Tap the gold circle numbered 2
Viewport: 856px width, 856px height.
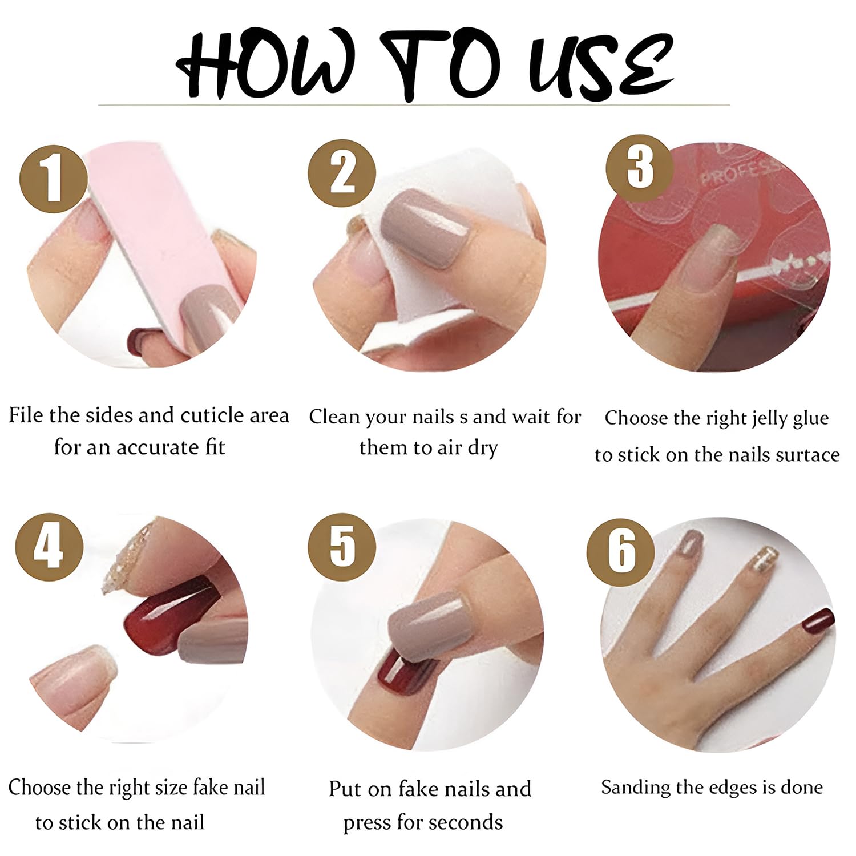(342, 173)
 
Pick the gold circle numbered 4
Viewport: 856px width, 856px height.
(49, 547)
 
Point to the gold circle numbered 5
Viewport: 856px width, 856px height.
(342, 547)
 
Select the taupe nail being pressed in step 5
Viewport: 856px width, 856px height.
(425, 628)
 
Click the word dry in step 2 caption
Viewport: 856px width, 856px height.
(482, 448)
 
